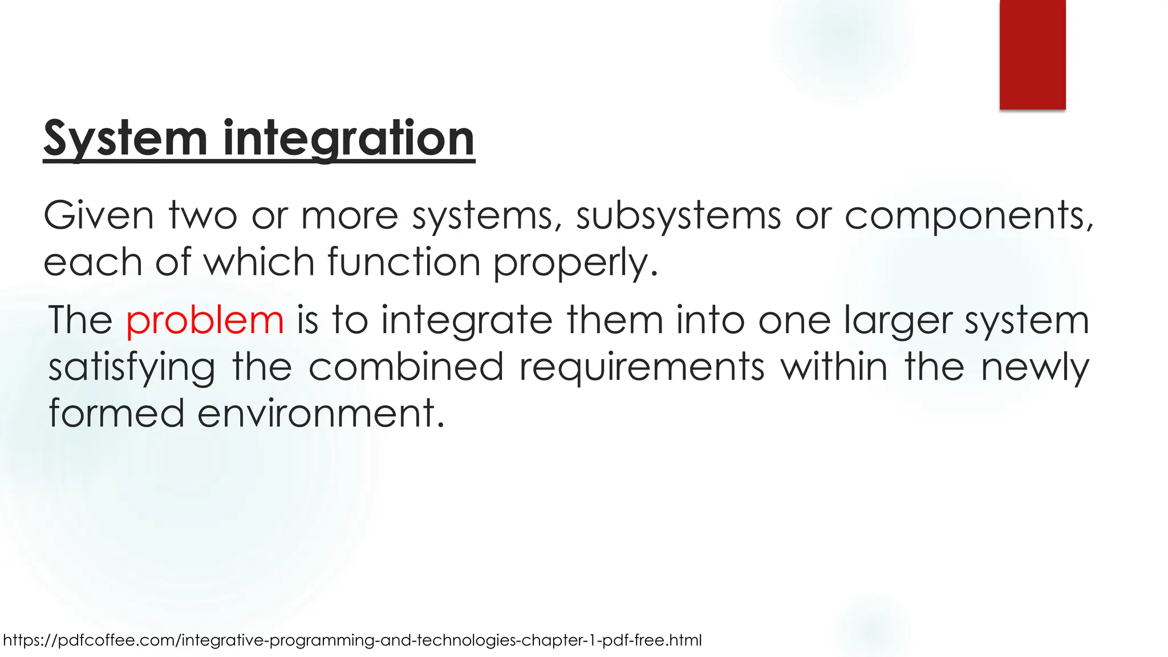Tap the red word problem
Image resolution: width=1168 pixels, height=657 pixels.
pos(205,320)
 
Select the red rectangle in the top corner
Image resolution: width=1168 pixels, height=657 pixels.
pos(1032,54)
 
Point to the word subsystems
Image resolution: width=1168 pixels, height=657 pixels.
pos(678,217)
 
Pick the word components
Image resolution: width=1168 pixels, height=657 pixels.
pos(968,217)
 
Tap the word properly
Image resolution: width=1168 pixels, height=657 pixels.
pos(574,263)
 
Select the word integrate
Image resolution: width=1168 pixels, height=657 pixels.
pos(467,321)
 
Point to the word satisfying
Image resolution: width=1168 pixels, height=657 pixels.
pos(132,368)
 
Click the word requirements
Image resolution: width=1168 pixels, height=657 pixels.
pos(642,368)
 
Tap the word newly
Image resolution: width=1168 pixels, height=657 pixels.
pos(1035,368)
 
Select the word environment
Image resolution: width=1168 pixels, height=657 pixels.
pos(320,413)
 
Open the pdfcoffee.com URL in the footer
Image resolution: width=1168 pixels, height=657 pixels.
pos(352,640)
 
